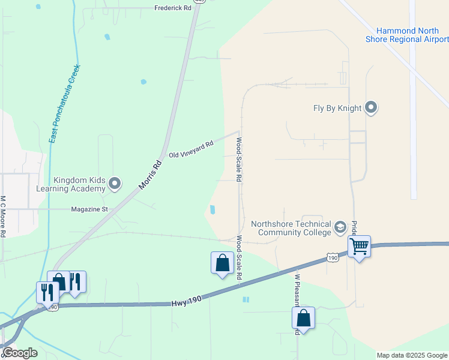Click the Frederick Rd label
coord(172,8)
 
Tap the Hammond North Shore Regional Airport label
coord(407,35)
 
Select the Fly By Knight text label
coord(337,109)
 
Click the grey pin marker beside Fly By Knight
coord(371,108)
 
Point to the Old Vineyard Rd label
coord(191,150)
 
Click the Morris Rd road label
coord(151,174)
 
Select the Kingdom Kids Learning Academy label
coord(79,184)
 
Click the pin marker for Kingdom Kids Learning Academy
coord(115,184)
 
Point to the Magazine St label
coord(89,209)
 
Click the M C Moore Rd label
coord(3,216)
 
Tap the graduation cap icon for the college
coord(340,227)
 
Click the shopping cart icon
coord(359,245)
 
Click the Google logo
coord(20,353)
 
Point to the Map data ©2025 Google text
coord(411,355)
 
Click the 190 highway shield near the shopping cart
coord(333,257)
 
